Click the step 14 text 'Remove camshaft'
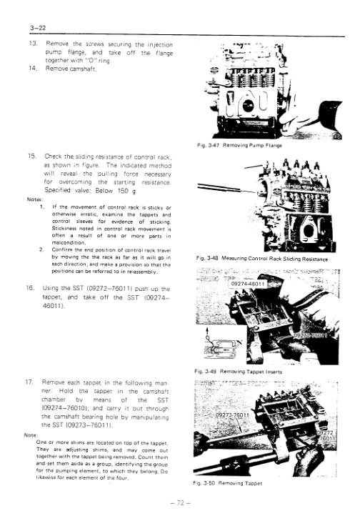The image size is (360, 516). click(x=71, y=70)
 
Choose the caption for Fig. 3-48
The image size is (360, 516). click(x=265, y=258)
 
